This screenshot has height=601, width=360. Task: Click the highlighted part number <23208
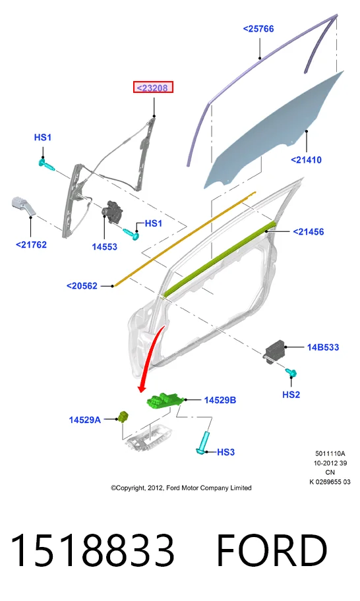[x=152, y=88]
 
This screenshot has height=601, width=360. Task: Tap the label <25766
[x=258, y=29]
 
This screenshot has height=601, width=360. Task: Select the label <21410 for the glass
[x=306, y=160]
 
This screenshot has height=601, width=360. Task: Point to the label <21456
[x=309, y=231]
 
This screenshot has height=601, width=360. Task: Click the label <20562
[x=82, y=285]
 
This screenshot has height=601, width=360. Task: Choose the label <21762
[x=31, y=244]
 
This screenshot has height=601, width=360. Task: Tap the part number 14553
[x=104, y=246]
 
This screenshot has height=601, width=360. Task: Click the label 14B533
[x=323, y=347]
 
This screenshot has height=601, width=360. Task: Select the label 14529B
[x=220, y=400]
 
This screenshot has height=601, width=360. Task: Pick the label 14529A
[x=85, y=420]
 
